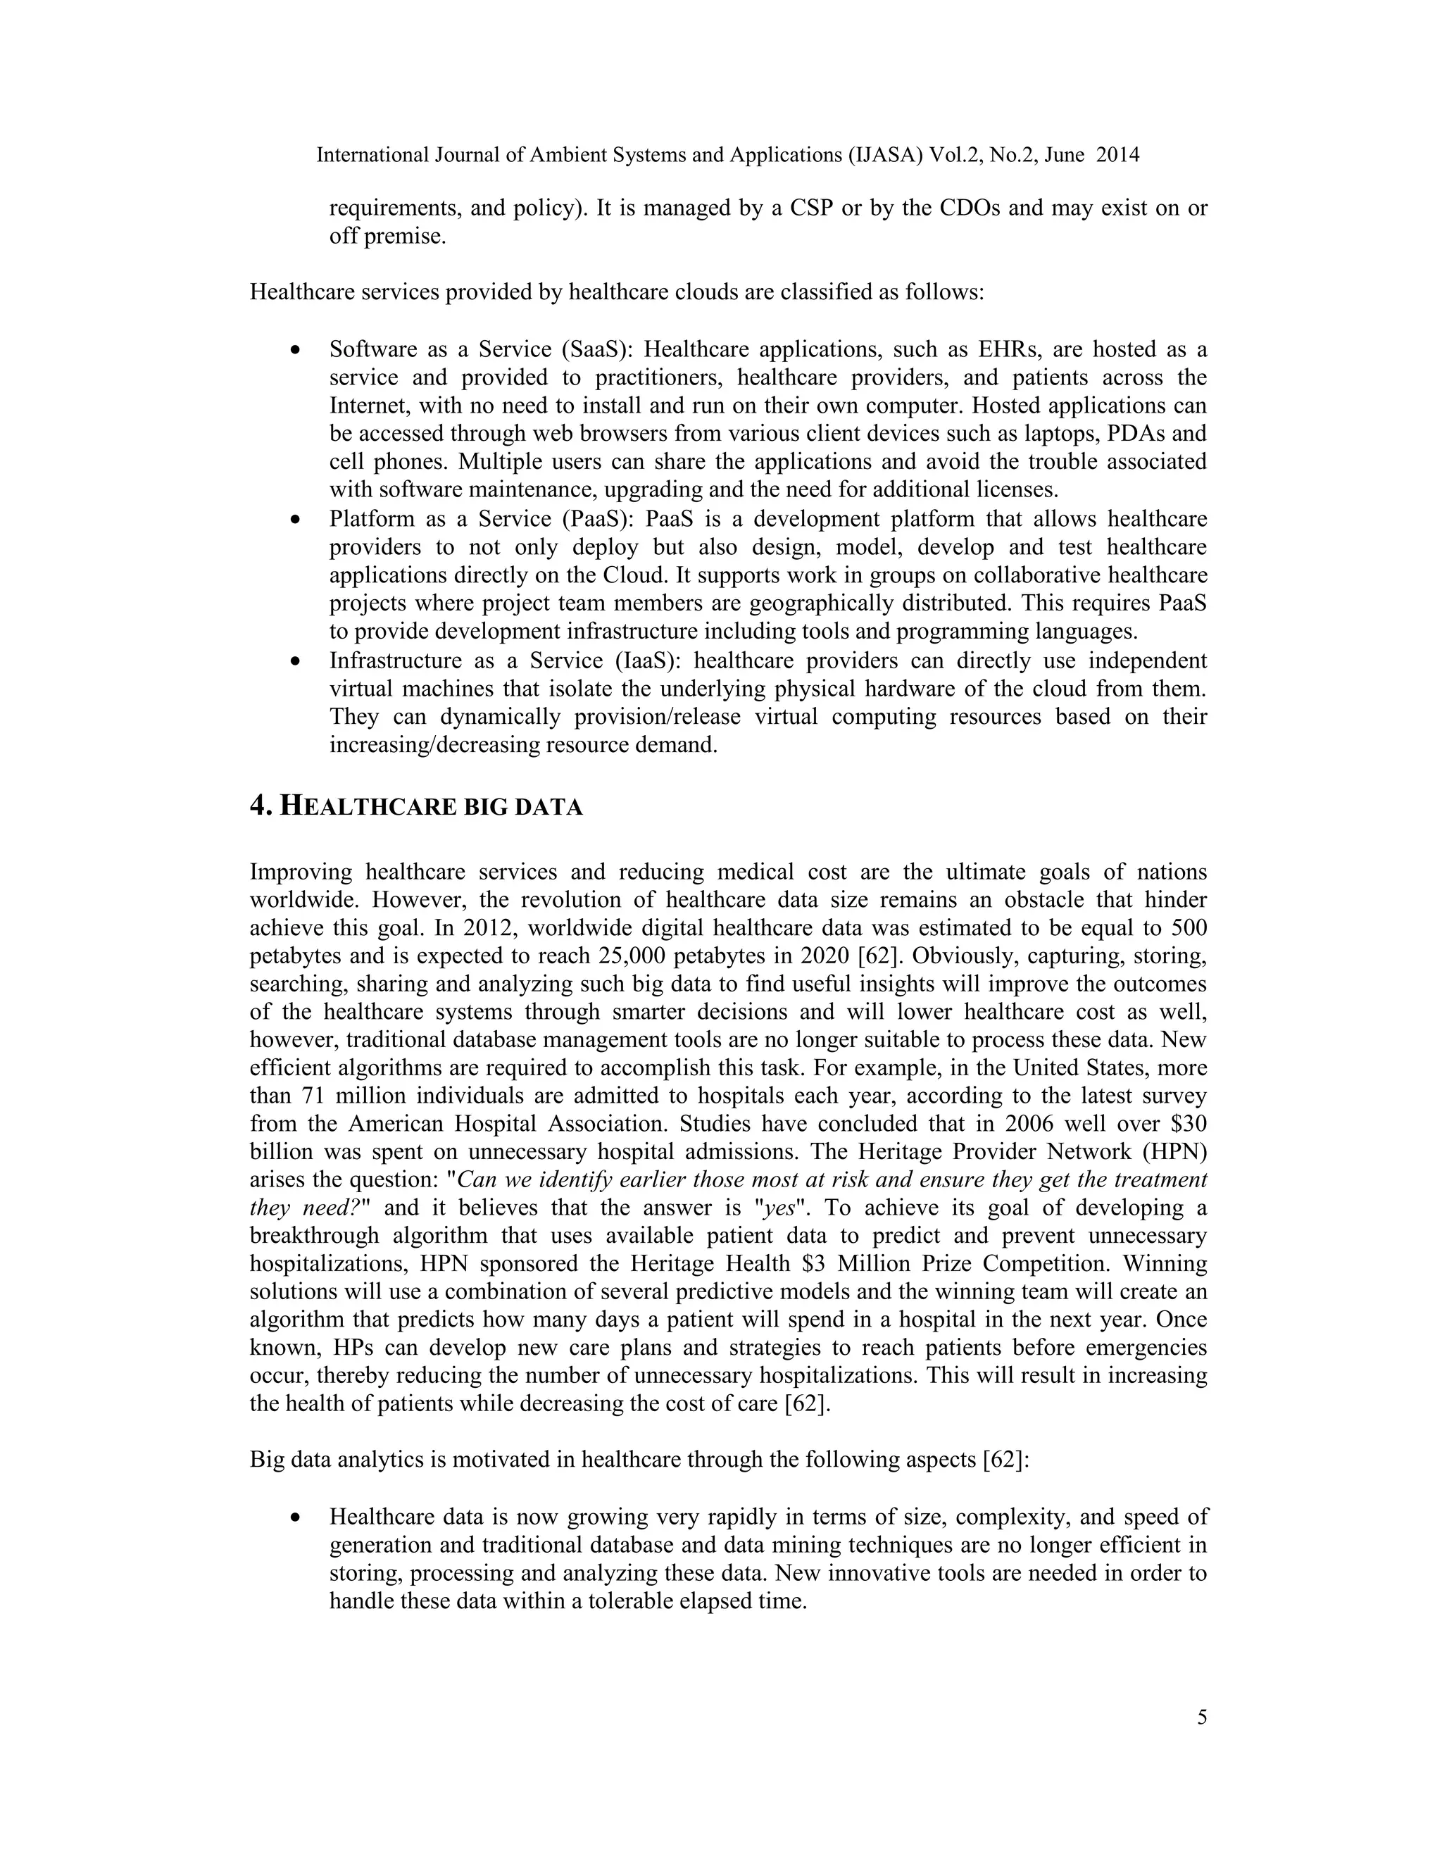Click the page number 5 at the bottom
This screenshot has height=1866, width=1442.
(x=1202, y=1718)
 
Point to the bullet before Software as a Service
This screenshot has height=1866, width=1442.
(x=296, y=350)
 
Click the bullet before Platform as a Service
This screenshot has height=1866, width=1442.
(x=296, y=520)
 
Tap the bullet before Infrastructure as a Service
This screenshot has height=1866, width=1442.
(x=296, y=661)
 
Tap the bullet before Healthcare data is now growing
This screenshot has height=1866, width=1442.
(x=296, y=1517)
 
